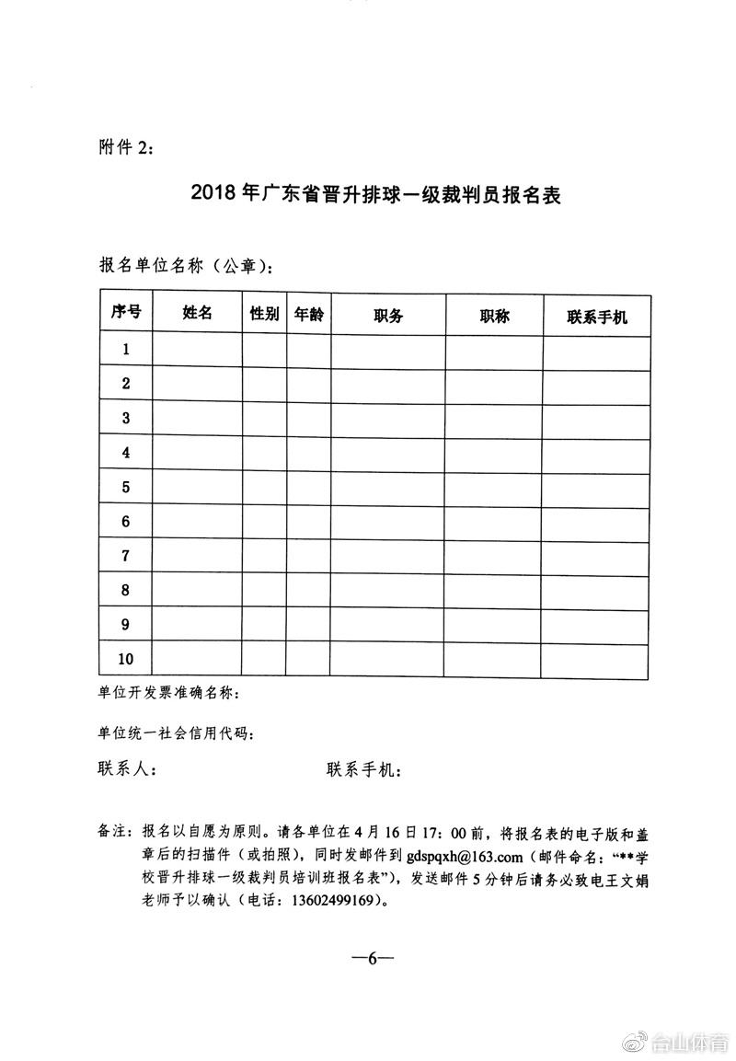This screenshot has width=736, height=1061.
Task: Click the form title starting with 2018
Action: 375,196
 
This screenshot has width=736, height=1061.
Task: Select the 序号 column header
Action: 126,314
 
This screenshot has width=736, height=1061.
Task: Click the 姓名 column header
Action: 198,314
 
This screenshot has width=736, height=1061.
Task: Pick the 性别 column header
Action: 265,314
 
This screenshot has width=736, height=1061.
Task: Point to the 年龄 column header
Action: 308,314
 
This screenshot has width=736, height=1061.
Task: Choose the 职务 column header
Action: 388,316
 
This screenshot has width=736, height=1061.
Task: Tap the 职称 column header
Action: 494,316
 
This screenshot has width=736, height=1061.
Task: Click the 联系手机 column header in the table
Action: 597,317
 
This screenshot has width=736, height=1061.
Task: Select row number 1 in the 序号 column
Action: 126,349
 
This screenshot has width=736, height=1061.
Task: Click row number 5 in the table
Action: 126,487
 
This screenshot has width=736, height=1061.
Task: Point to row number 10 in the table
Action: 126,659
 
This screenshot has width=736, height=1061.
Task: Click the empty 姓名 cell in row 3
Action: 198,418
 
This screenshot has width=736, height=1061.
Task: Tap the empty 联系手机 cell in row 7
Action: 597,556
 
